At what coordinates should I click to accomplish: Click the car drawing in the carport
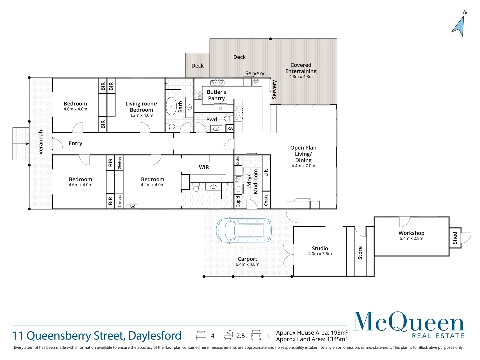pos(244,230)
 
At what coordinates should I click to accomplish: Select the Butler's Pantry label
pos(216,95)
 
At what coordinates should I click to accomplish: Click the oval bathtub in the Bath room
pos(171,106)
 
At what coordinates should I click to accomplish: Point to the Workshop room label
pos(411,233)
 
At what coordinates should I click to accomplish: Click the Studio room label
pos(320,248)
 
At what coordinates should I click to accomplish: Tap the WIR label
pos(204,167)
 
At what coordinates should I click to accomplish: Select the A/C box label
pos(132,207)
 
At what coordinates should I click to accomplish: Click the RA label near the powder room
pos(230,128)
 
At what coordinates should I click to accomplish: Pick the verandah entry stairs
pos(21,144)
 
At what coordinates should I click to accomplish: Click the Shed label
pos(455,238)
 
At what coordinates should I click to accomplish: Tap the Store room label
pos(360,253)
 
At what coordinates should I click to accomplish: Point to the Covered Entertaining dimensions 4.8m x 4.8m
pos(301,77)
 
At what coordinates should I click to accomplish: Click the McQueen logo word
pos(408,322)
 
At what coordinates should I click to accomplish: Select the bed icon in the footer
pos(201,335)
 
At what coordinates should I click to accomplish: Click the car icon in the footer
pos(256,335)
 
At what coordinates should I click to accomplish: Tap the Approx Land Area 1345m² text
pos(311,339)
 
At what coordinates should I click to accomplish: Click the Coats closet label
pos(266,200)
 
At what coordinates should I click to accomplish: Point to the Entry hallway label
pos(75,143)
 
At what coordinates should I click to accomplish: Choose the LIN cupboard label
pos(266,172)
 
